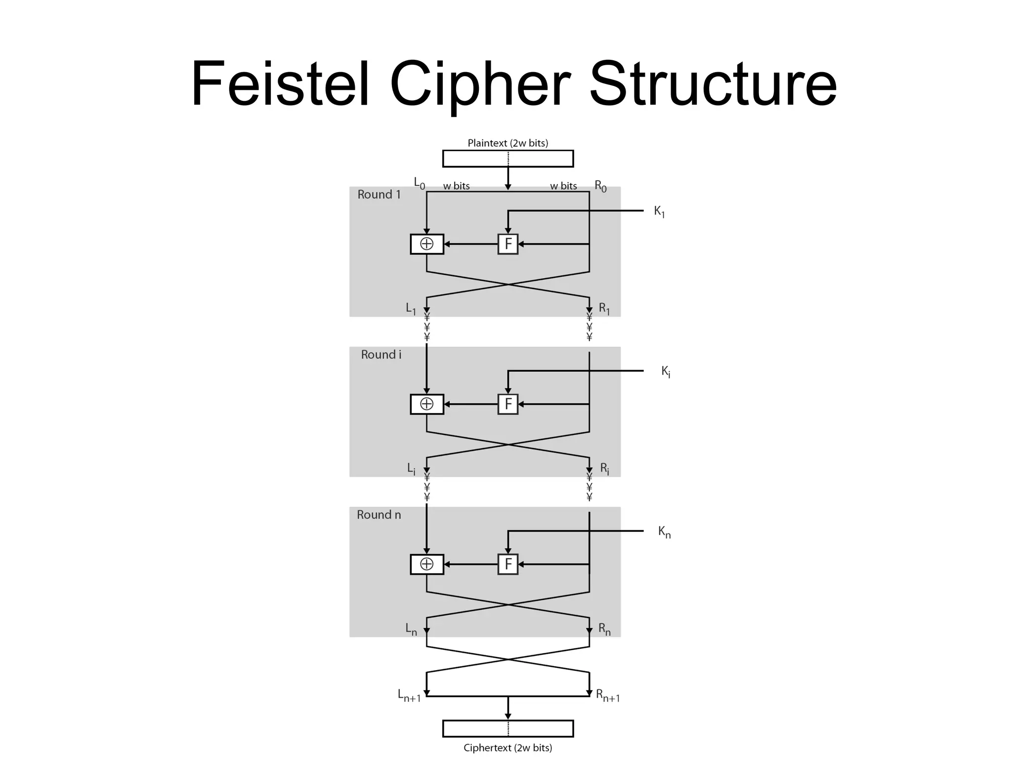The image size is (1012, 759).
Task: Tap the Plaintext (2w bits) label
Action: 507,143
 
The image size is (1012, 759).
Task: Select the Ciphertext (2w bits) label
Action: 507,748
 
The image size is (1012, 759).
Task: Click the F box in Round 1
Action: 507,244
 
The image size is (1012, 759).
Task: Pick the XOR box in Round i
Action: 427,404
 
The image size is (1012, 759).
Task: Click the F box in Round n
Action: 507,564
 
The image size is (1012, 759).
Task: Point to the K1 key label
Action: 659,211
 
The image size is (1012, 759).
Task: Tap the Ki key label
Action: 666,372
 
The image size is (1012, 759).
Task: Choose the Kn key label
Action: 664,532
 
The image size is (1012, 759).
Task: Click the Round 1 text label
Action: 379,195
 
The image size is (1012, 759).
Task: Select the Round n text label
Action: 379,515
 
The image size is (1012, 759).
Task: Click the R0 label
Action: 600,186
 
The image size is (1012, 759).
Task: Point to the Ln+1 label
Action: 409,696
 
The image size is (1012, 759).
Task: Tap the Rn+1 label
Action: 608,696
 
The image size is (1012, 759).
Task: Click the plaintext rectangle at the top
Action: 507,159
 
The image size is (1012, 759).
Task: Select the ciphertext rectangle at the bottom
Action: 507,729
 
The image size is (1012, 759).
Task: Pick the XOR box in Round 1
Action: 427,244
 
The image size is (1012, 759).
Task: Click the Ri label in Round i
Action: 604,468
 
